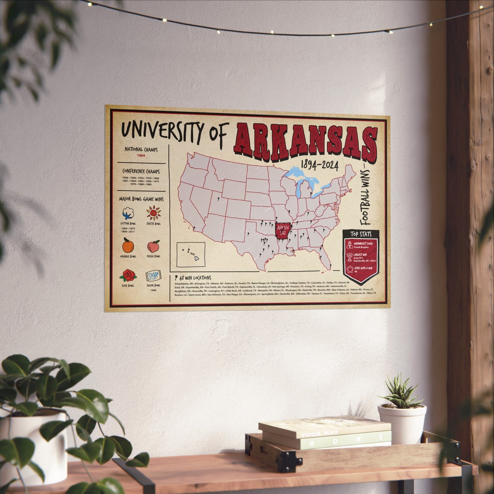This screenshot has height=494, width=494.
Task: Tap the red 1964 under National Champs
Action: click(141, 156)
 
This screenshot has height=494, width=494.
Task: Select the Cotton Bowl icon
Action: click(128, 214)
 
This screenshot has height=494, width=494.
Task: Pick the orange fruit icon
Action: click(128, 245)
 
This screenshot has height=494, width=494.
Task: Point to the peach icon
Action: click(153, 246)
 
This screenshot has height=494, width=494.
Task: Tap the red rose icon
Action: click(128, 275)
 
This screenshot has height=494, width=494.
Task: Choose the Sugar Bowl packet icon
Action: click(153, 276)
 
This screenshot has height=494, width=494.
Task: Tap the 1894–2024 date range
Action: click(319, 165)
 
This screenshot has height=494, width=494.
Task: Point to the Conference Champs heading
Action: click(141, 171)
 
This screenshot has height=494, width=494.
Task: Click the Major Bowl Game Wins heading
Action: click(141, 199)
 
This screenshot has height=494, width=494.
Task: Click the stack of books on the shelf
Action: click(325, 432)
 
